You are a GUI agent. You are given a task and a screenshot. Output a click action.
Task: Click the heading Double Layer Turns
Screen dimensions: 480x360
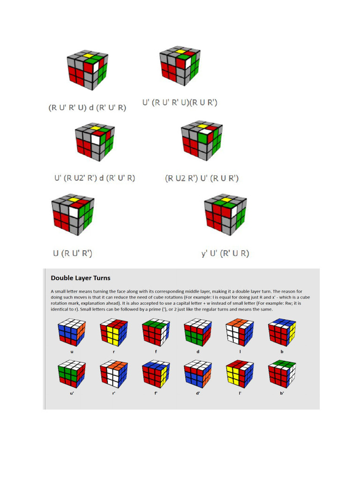(81, 278)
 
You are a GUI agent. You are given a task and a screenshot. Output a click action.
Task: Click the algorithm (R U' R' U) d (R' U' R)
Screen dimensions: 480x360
(88, 107)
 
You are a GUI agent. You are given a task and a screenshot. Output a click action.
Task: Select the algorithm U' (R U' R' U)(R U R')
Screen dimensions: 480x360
(180, 102)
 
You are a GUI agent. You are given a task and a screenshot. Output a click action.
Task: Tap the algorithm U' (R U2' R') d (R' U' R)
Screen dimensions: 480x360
(94, 178)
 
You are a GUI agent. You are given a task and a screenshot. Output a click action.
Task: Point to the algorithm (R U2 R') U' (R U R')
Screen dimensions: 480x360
(202, 178)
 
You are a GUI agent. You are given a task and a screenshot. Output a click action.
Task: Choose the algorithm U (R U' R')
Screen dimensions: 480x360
(72, 253)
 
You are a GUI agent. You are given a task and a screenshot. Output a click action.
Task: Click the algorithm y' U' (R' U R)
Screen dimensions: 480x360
(225, 253)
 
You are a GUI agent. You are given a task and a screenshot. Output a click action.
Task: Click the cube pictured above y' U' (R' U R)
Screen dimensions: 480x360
(225, 215)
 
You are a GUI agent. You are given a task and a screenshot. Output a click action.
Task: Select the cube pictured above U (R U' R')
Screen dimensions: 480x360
(73, 215)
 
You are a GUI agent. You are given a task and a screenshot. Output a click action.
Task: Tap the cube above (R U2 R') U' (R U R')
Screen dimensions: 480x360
(202, 140)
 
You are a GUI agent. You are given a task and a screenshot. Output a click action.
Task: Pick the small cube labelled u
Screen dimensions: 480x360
(72, 333)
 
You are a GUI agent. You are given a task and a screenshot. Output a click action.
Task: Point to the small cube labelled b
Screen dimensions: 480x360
(282, 333)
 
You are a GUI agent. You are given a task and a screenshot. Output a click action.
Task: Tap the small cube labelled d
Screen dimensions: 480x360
(198, 333)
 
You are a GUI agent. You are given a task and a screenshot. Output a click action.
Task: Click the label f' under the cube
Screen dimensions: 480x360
(156, 393)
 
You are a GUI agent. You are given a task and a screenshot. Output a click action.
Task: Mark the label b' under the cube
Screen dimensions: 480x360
(282, 393)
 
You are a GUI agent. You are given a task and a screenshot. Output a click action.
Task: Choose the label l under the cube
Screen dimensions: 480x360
(240, 351)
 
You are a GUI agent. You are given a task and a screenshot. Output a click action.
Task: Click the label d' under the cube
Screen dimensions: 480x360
(198, 393)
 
